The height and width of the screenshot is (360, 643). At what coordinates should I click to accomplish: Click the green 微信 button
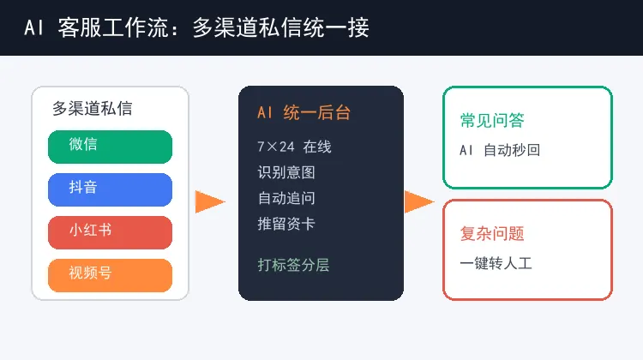(110, 147)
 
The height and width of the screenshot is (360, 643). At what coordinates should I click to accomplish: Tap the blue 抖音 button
(110, 189)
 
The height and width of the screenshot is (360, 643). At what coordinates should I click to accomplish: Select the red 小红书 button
(110, 232)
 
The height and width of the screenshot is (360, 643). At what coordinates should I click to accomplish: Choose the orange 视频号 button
(110, 275)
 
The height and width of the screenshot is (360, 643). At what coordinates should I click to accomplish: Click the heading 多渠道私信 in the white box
(93, 109)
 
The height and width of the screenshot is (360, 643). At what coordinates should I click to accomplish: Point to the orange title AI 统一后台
(303, 113)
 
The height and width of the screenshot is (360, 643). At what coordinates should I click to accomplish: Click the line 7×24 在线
(294, 147)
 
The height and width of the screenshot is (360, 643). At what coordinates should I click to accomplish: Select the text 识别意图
(286, 172)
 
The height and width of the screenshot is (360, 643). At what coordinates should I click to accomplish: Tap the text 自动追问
(286, 198)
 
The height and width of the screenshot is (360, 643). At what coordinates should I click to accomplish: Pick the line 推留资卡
(286, 224)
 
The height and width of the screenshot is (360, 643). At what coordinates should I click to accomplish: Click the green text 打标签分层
(293, 265)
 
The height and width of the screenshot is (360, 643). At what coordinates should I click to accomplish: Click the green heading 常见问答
(492, 121)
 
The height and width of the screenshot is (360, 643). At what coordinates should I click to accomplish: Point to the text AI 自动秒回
(500, 150)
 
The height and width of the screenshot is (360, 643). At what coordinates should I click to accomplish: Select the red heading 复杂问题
(492, 234)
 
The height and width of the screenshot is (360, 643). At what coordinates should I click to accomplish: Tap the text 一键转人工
(496, 263)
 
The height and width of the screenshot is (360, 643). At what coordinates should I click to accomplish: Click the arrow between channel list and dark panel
(210, 201)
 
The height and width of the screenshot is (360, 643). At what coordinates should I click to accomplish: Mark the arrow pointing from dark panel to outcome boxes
(419, 201)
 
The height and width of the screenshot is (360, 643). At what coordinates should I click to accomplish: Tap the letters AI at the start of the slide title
(33, 28)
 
